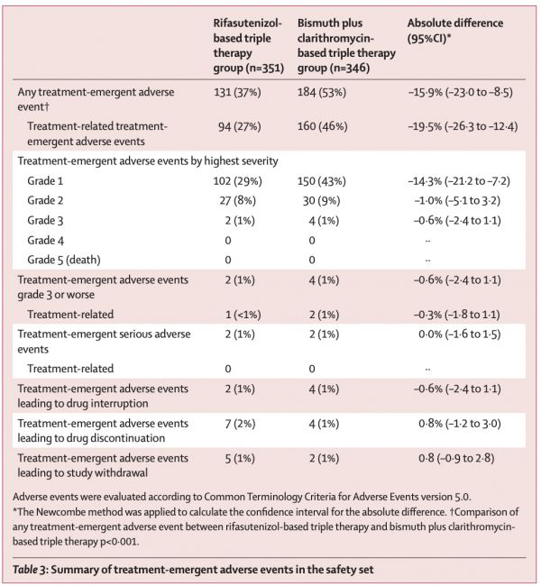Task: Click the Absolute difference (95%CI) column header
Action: [455, 31]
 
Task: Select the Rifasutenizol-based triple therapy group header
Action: [249, 46]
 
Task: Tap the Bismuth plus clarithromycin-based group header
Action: [346, 46]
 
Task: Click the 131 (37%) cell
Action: [237, 92]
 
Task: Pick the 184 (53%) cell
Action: [322, 92]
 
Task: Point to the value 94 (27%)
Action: [239, 127]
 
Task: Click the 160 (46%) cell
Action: [322, 127]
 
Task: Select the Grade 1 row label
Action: [45, 181]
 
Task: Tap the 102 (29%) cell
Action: [237, 181]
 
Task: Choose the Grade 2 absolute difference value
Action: [457, 201]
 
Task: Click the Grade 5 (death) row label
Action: [64, 261]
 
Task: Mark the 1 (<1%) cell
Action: [243, 315]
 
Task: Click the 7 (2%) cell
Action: [240, 424]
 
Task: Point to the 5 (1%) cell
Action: [240, 459]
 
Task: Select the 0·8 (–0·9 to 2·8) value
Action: [456, 459]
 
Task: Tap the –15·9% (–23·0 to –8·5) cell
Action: [460, 92]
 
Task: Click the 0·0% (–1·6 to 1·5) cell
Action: [460, 334]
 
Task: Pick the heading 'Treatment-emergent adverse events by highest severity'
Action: [148, 161]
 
